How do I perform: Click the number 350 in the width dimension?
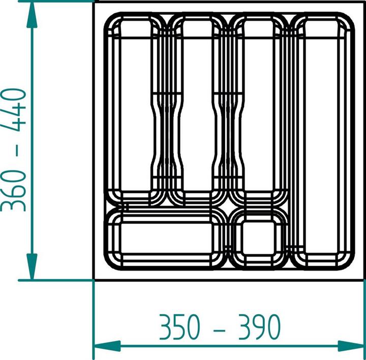tap(179, 326)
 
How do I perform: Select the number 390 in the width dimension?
tap(259, 326)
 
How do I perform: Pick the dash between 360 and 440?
tap(17, 150)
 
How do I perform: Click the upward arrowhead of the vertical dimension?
tap(32, 15)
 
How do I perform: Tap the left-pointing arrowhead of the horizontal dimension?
tap(107, 346)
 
